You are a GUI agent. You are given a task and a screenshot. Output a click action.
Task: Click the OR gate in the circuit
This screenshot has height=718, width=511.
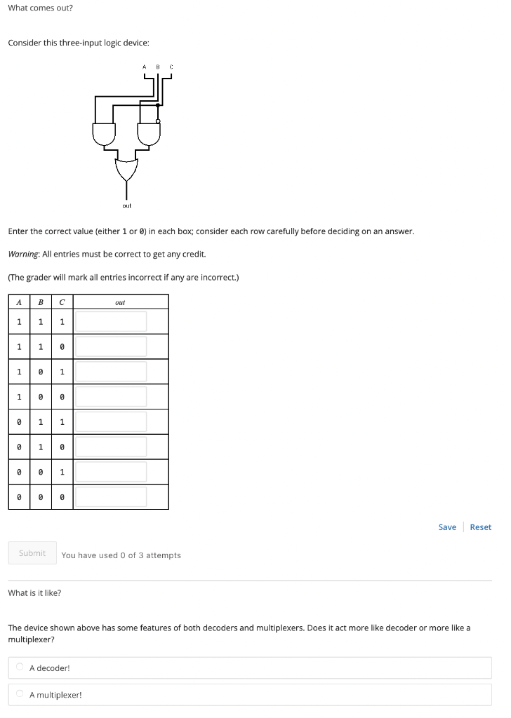pos(126,170)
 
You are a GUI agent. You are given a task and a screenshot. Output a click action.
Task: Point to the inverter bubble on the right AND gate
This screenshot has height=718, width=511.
pos(158,121)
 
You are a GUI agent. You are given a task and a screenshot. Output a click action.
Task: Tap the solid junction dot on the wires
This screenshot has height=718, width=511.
pos(158,105)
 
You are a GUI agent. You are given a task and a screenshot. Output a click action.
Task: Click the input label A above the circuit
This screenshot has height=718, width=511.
pos(145,67)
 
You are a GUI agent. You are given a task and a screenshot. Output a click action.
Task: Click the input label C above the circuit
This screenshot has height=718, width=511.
pos(171,67)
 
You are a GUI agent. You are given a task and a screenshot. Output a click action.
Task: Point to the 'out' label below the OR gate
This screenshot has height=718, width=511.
pos(127,205)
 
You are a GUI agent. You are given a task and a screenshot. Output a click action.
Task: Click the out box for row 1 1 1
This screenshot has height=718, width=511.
pos(111,321)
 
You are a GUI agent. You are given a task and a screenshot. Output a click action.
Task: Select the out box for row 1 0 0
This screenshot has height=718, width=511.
pos(111,397)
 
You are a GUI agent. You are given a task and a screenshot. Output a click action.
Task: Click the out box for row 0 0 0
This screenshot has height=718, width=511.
pos(111,497)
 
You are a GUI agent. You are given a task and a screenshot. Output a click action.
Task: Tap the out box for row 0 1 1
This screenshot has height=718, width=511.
pos(111,421)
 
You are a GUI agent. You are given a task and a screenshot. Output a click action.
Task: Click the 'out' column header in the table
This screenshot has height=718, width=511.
pos(120,302)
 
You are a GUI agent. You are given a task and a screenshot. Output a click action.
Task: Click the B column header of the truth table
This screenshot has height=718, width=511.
pos(41,302)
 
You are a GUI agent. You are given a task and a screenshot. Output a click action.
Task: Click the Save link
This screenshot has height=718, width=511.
pos(447,527)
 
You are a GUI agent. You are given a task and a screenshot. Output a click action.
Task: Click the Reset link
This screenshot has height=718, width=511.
pos(481,527)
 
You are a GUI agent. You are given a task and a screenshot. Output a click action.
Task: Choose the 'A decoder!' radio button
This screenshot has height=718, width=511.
pos(20,667)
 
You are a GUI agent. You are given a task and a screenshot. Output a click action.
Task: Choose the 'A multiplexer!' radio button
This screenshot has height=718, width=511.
pos(20,693)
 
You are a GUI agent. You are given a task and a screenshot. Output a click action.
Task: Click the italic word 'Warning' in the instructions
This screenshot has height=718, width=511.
pos(23,254)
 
